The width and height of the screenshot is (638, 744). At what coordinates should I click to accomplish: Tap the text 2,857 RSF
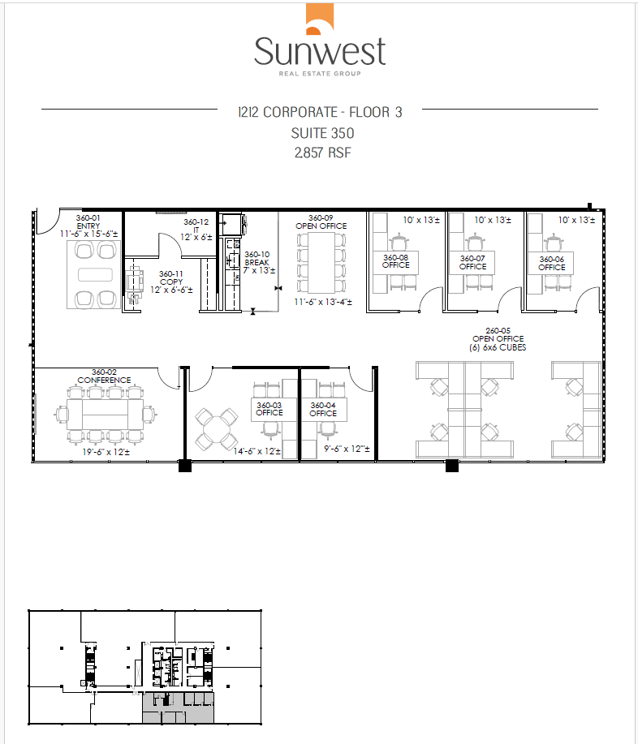(x=322, y=152)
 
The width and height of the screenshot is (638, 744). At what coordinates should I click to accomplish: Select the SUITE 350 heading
(x=322, y=132)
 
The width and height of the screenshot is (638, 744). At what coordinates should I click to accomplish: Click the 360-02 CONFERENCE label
(x=104, y=376)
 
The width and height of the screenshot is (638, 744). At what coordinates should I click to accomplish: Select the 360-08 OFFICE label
(x=394, y=261)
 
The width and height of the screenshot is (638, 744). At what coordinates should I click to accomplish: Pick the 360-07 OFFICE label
(x=472, y=261)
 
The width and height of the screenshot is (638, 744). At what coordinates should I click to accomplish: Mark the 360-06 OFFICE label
(x=551, y=261)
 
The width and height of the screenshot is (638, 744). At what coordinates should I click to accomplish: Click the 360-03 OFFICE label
(x=269, y=408)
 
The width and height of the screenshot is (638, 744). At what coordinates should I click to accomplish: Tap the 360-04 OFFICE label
(x=323, y=408)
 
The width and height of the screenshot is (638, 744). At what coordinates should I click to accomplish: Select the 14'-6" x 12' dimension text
(x=256, y=451)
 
